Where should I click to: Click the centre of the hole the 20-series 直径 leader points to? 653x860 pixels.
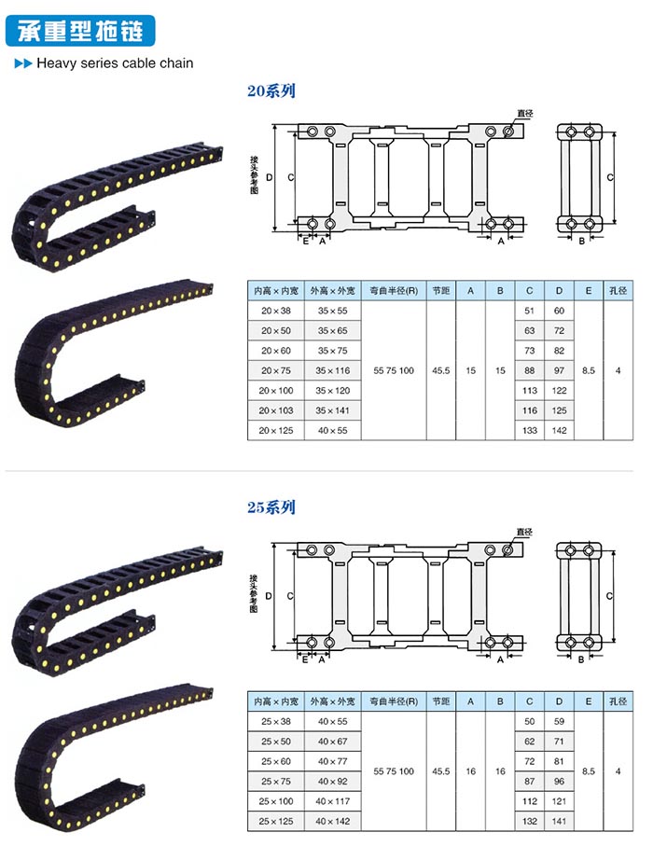click(508, 132)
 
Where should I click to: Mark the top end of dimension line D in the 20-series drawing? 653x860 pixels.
click(274, 124)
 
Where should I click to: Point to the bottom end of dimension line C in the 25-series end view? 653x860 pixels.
click(614, 641)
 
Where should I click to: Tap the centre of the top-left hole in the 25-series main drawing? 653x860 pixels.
click(312, 550)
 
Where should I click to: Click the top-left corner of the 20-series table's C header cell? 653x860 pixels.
click(515, 282)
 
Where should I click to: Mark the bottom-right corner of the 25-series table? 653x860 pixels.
click(632, 831)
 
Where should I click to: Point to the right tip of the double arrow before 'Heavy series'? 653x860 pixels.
click(33, 63)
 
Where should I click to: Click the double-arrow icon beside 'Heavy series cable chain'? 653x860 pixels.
click(23, 63)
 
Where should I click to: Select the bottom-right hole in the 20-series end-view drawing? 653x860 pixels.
click(590, 224)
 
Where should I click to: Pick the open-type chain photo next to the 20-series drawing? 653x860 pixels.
click(118, 207)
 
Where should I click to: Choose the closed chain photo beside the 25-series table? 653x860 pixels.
click(113, 758)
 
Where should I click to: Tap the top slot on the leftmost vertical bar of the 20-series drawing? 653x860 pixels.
click(340, 145)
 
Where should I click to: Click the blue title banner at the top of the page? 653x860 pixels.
click(80, 31)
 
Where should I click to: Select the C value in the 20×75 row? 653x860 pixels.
click(530, 370)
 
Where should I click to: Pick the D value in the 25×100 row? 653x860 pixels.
click(559, 801)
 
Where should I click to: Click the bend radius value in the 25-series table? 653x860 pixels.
click(394, 771)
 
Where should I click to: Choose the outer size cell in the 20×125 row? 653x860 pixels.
click(332, 431)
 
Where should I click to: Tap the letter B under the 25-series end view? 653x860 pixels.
click(581, 659)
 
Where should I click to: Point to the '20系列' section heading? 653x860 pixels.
click(271, 90)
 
